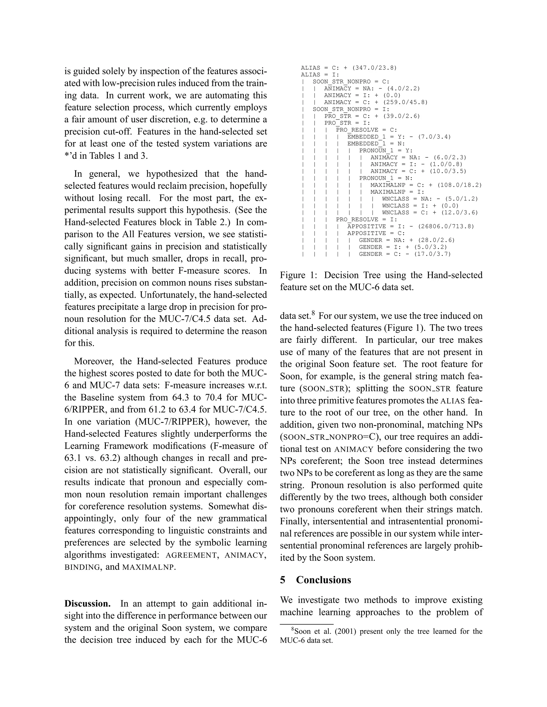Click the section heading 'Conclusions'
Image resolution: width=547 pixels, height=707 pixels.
point(323,579)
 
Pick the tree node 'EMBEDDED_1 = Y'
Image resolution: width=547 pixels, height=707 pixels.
point(372,137)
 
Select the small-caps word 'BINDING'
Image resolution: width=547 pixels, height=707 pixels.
point(82,567)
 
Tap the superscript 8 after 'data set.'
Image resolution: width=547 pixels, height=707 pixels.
point(313,313)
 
